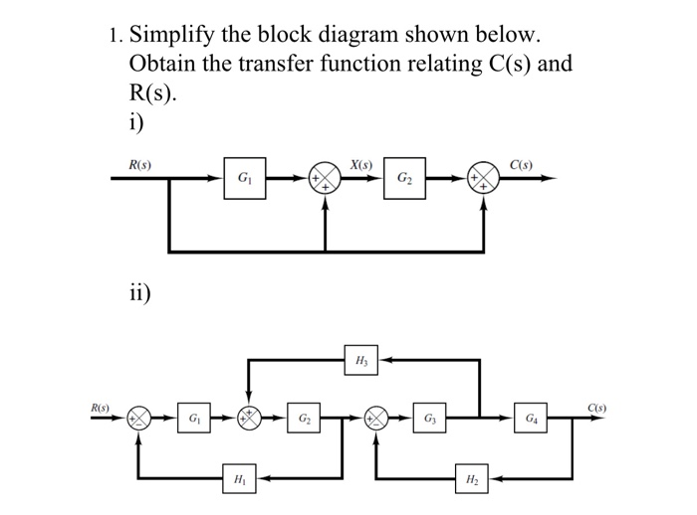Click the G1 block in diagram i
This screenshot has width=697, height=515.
(245, 178)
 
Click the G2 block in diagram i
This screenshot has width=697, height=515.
(404, 178)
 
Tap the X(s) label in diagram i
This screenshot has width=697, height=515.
(360, 165)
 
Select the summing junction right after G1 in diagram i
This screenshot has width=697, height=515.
(325, 178)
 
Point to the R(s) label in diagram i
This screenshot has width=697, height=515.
(139, 165)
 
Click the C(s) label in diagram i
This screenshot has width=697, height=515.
(521, 165)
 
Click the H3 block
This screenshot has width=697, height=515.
(361, 360)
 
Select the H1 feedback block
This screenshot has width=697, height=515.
(239, 478)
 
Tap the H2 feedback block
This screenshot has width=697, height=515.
(472, 478)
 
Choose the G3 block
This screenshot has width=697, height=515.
(429, 418)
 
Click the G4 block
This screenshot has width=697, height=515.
(531, 418)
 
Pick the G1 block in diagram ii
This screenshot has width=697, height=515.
(194, 418)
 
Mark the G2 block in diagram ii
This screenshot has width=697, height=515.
(304, 418)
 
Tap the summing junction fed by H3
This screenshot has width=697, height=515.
(249, 418)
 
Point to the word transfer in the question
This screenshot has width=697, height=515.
(277, 64)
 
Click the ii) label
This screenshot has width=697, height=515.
(139, 292)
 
